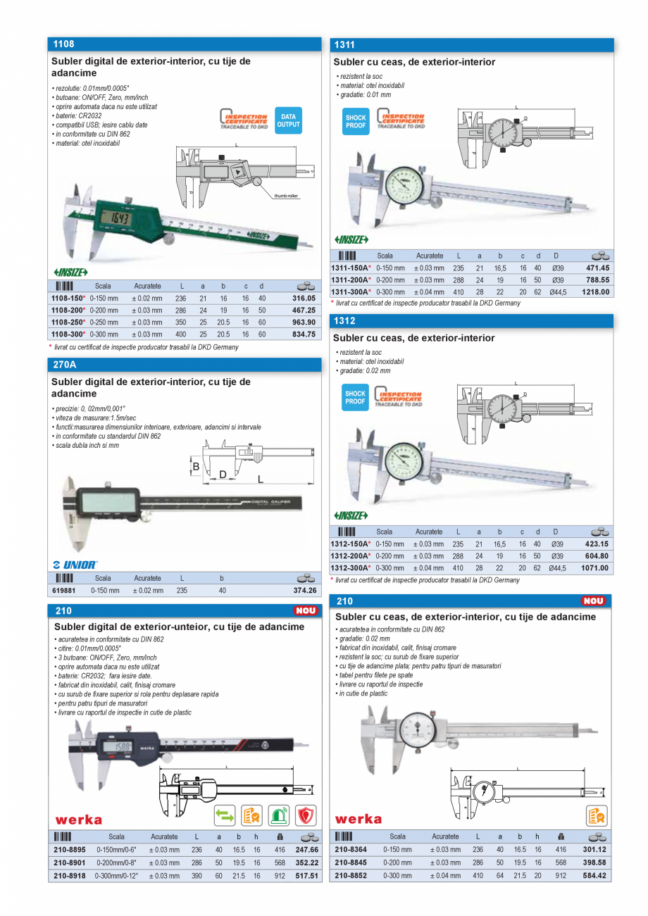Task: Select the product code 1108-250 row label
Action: [x=68, y=322]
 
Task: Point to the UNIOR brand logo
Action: [x=75, y=564]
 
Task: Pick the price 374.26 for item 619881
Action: [x=304, y=590]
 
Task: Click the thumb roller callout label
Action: [x=286, y=196]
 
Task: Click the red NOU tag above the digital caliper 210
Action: [x=306, y=610]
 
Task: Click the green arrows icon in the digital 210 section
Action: [x=225, y=815]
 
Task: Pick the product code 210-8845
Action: [x=350, y=863]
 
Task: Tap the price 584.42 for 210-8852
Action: [x=597, y=876]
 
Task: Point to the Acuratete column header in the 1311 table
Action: [x=430, y=256]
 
